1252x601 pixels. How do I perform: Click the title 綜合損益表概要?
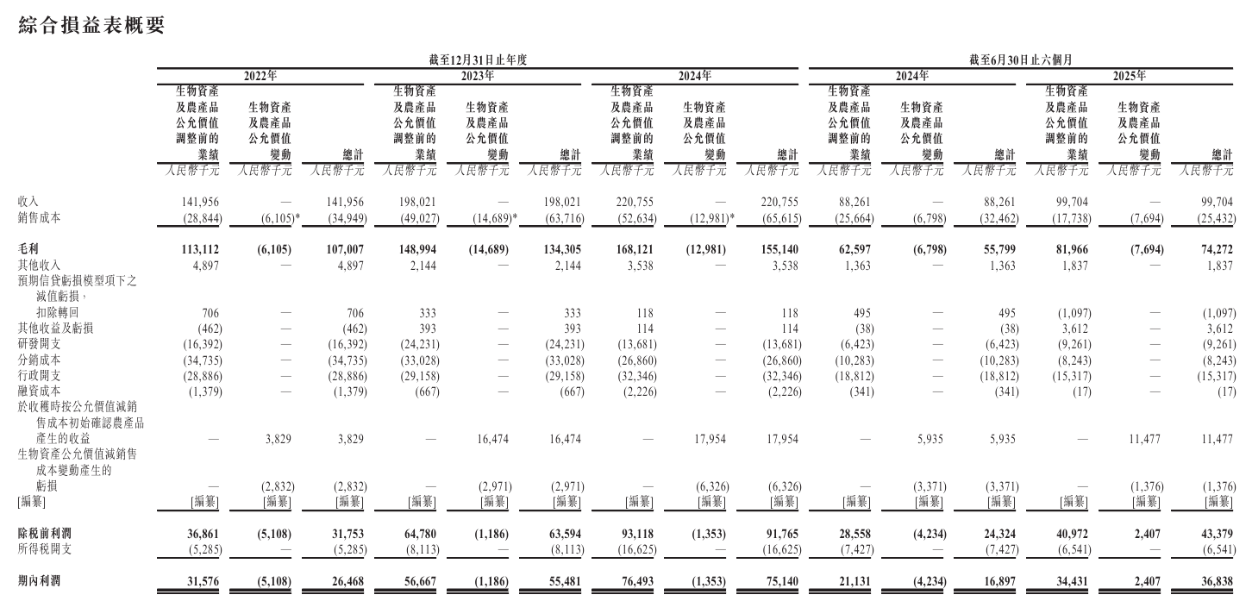tap(91, 26)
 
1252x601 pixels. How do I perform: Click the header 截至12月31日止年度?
tap(478, 59)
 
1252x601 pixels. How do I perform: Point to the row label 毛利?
tap(28, 249)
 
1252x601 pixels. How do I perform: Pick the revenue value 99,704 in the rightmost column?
tap(1215, 203)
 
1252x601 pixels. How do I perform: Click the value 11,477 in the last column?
tap(1215, 439)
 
